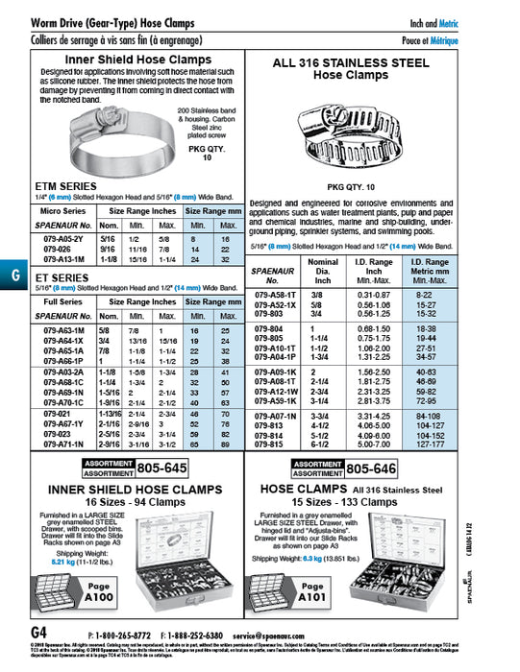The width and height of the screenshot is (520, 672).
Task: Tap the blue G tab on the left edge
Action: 13,276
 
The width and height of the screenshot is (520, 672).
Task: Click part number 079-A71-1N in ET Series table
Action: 56,446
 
